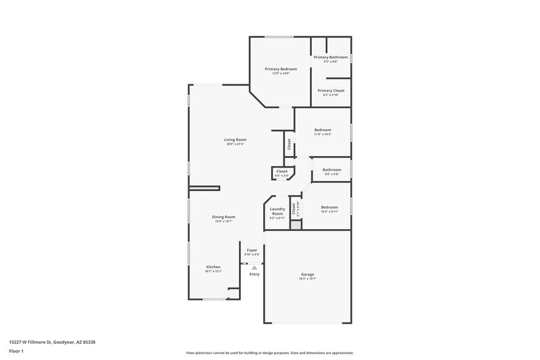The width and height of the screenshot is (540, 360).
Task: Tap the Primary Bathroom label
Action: pyautogui.click(x=331, y=57)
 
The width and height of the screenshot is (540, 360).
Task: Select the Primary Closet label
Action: pyautogui.click(x=331, y=91)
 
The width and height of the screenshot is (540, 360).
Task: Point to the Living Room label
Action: pyautogui.click(x=235, y=139)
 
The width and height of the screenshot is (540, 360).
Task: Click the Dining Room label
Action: pyautogui.click(x=225, y=217)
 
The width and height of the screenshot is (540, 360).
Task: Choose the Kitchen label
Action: pyautogui.click(x=213, y=267)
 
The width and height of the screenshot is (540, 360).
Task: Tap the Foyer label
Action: pyautogui.click(x=252, y=250)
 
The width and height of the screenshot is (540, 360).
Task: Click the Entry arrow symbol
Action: pyautogui.click(x=254, y=267)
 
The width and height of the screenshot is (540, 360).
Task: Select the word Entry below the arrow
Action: pyautogui.click(x=254, y=274)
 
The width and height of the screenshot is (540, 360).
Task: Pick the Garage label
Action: pyautogui.click(x=307, y=274)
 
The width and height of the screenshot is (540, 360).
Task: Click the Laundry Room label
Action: pyautogui.click(x=277, y=211)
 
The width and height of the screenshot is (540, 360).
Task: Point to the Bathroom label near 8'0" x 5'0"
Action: pyautogui.click(x=331, y=170)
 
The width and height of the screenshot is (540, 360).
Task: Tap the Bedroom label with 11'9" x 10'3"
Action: pyautogui.click(x=323, y=130)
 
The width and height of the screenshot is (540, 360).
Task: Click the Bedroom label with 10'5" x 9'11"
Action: pyautogui.click(x=329, y=207)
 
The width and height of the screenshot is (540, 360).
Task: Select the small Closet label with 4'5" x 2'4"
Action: pyautogui.click(x=281, y=171)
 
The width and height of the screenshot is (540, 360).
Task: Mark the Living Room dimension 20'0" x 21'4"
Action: pyautogui.click(x=235, y=144)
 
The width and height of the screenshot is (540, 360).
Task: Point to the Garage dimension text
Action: pyautogui.click(x=307, y=278)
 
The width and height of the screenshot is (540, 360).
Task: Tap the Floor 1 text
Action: pyautogui.click(x=16, y=352)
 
